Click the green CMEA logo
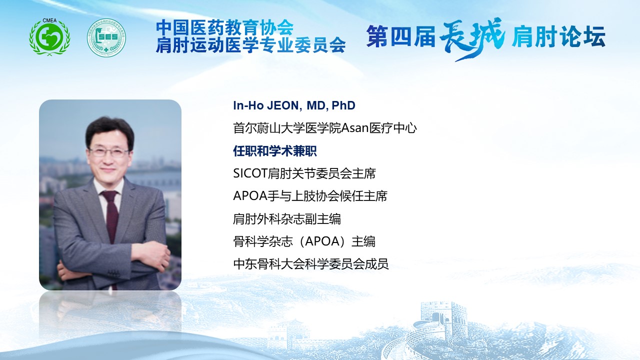pos(49,36)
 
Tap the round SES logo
pos(106,37)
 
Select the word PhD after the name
pos(343,105)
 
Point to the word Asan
pos(355,128)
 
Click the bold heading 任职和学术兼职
pos(275,151)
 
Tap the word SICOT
pos(250,173)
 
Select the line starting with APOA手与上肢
pos(310,196)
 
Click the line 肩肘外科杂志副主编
pos(287,219)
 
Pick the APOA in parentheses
pos(322,241)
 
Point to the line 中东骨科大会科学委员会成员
pos(311,264)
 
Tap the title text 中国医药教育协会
pos(225,27)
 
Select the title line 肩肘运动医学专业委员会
pos(251,45)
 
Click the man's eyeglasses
pos(109,152)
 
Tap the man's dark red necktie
pos(111,215)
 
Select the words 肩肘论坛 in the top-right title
pos(558,36)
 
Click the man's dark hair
pos(110,131)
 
